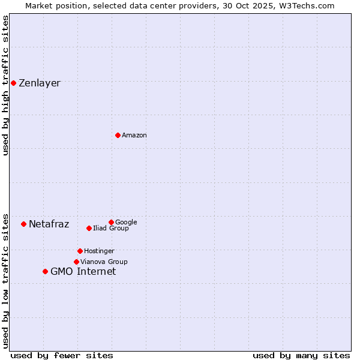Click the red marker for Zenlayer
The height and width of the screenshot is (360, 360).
pyautogui.click(x=13, y=83)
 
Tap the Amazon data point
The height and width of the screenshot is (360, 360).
pyautogui.click(x=118, y=135)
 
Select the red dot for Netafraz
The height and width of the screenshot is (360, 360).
pyautogui.click(x=23, y=224)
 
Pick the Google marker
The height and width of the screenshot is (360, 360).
pyautogui.click(x=111, y=222)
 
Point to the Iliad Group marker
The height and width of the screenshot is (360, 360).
pyautogui.click(x=89, y=228)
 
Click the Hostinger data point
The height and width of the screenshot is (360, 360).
pyautogui.click(x=80, y=251)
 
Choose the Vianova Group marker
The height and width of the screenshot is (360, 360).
pyautogui.click(x=76, y=262)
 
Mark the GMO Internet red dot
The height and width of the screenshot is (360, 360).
pyautogui.click(x=45, y=271)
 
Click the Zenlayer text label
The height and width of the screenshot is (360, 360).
pyautogui.click(x=40, y=83)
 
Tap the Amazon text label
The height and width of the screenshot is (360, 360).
pyautogui.click(x=134, y=136)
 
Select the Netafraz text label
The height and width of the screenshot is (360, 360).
pyautogui.click(x=49, y=224)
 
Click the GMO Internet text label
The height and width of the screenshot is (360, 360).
pyautogui.click(x=83, y=272)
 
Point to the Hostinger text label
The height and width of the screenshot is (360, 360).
pyautogui.click(x=99, y=251)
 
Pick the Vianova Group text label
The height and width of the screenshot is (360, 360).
pyautogui.click(x=104, y=262)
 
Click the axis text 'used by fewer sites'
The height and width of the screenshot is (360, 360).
pyautogui.click(x=62, y=355)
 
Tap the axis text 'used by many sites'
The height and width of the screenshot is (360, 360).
pyautogui.click(x=301, y=355)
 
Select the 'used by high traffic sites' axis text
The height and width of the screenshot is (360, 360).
pyautogui.click(x=5, y=85)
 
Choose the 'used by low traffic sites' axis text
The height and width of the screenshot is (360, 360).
pyautogui.click(x=5, y=280)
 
